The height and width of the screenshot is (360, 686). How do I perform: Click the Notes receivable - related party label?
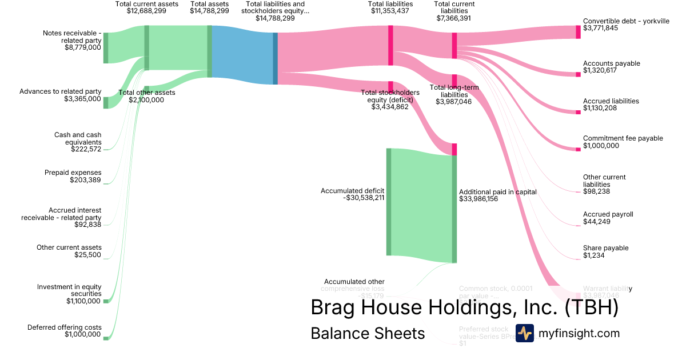tap(72, 37)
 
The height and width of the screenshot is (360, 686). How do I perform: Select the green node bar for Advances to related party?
tap(105, 102)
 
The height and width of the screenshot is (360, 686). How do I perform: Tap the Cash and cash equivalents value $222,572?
tap(86, 149)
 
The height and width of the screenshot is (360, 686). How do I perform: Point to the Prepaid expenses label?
tap(73, 173)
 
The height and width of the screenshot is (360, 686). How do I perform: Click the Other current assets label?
tap(69, 247)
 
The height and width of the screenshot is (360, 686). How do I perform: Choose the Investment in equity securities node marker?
tap(106, 301)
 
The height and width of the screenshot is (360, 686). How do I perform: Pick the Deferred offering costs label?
tap(64, 327)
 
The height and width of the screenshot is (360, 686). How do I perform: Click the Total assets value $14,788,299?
tap(209, 11)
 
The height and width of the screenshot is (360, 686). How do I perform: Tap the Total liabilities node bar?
tap(390, 38)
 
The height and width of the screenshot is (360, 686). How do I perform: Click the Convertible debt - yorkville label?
tap(626, 21)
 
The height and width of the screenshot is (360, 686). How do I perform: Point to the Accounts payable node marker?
tap(578, 74)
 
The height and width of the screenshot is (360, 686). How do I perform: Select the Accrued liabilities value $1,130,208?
tap(600, 108)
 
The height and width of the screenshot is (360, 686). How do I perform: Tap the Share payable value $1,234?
tap(593, 255)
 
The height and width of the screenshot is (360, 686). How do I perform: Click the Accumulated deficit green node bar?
tap(389, 202)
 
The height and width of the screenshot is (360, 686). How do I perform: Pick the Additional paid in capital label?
tap(498, 192)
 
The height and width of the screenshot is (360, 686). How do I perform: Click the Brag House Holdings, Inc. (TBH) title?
tap(464, 307)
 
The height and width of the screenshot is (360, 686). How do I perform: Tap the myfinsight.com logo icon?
tap(525, 333)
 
